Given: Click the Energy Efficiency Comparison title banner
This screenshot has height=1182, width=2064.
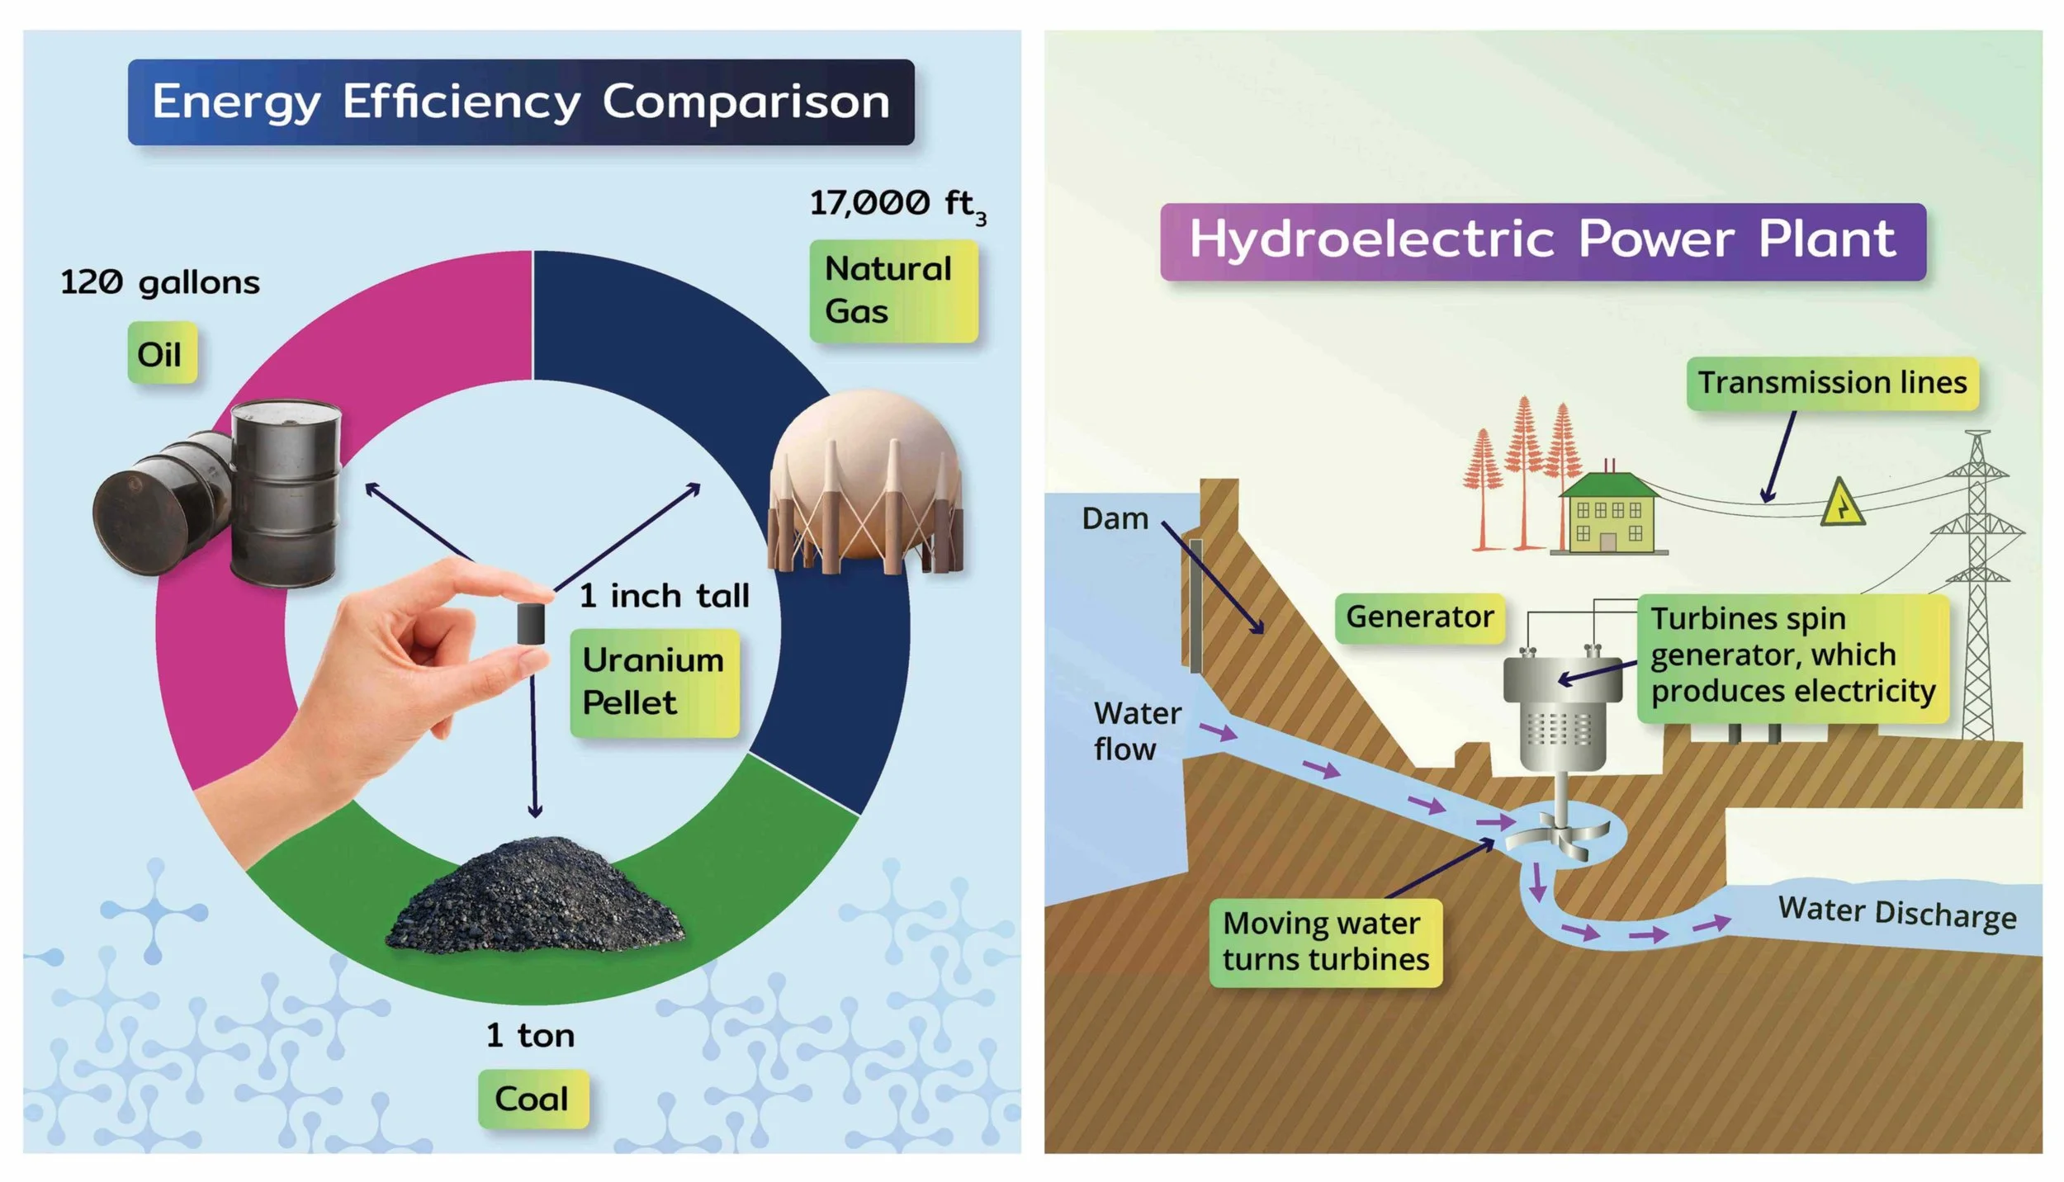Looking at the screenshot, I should (521, 102).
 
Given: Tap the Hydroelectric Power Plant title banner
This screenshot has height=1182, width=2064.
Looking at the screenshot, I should (1542, 241).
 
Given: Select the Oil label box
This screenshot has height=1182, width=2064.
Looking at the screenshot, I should (162, 353).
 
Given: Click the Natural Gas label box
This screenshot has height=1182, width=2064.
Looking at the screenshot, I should (893, 291).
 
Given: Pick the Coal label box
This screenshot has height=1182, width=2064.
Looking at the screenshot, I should (533, 1099).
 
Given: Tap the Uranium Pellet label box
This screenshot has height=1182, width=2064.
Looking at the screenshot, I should (654, 682).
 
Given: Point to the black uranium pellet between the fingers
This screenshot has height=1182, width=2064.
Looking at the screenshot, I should (531, 623).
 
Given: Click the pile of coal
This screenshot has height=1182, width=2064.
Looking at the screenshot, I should (535, 900).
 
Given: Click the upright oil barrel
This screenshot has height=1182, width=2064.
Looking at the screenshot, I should (286, 494).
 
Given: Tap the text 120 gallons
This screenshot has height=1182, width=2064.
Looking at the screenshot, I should (160, 283).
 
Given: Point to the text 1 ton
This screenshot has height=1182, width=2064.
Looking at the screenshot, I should (530, 1035).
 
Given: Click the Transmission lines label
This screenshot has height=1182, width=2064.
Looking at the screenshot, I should (1831, 383).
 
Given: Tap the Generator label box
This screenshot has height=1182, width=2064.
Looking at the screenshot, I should (1419, 617).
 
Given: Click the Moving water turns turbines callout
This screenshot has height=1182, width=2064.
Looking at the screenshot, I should (1325, 942).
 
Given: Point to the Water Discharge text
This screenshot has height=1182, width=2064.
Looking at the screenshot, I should (1896, 913).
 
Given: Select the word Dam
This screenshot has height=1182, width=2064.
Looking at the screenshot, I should (1115, 518).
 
